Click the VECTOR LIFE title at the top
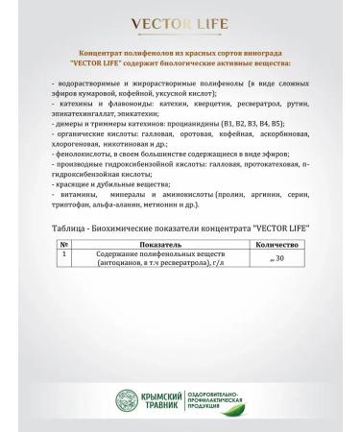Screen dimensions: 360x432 pos(180,21)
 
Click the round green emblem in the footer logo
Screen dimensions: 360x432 pos(129,397)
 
